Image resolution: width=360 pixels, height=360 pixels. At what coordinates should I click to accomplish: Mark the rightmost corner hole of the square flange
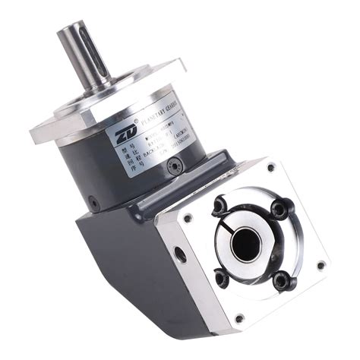click(x=321, y=265)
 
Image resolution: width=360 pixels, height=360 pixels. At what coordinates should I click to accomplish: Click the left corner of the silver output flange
click(x=36, y=136)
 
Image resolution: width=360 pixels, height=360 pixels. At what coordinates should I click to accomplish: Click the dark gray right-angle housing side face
click(x=122, y=258)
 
